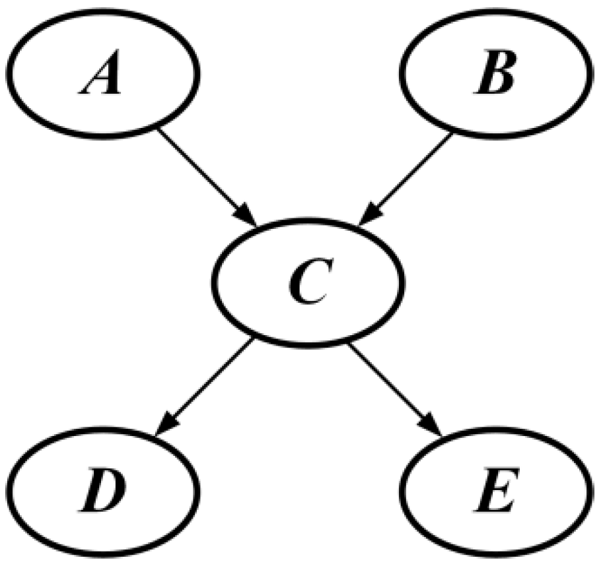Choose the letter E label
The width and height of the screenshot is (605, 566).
coord(495,491)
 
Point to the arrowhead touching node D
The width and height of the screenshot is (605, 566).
coord(166,426)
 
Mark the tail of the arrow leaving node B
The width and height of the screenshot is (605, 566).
coord(450,134)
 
